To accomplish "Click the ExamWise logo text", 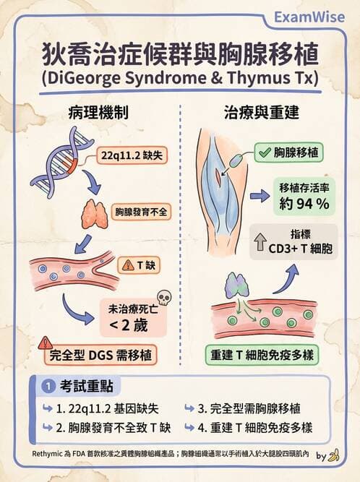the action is (309, 17).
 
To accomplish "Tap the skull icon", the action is (164, 298).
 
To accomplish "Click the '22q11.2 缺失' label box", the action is (132, 155).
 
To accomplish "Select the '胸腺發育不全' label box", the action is (141, 212).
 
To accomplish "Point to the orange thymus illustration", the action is (95, 214).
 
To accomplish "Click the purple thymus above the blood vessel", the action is (237, 285).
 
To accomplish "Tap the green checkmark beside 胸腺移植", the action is (265, 152).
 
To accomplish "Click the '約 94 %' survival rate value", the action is (304, 204).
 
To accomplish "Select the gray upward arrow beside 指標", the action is (260, 241).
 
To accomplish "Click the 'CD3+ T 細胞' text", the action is (300, 249).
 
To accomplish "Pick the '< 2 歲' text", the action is (129, 325).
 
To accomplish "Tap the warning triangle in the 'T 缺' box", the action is (128, 265).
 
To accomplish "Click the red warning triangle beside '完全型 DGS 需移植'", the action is (46, 343).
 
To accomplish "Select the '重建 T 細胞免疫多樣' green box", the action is (262, 355).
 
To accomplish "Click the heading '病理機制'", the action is (98, 112).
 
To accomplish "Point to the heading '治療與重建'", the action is (261, 112).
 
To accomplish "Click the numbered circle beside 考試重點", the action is (48, 386).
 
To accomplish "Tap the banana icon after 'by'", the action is (333, 455).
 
